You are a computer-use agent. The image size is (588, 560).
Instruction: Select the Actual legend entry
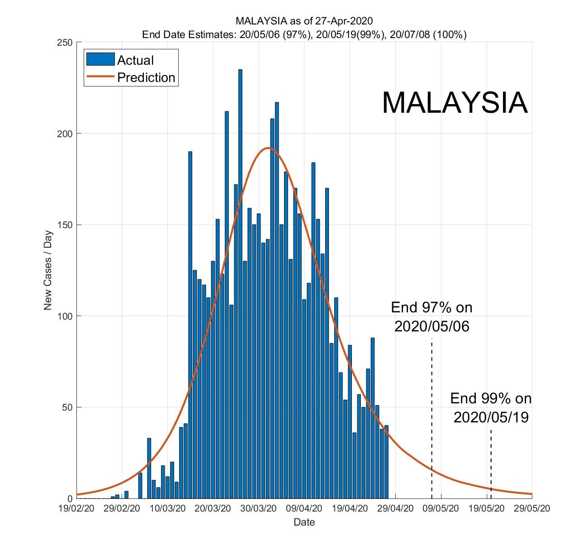120,60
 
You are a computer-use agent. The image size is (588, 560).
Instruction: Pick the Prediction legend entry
131,77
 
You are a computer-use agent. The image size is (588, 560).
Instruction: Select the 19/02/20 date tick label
76,508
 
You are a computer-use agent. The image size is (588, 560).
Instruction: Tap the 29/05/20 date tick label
532,508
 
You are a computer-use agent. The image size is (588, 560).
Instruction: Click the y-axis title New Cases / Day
48,271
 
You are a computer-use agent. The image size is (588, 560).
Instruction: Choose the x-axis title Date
304,522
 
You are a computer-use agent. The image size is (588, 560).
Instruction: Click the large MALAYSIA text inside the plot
455,103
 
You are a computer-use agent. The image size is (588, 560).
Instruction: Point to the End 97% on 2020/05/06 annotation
432,317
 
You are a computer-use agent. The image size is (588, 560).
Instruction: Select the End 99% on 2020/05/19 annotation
491,407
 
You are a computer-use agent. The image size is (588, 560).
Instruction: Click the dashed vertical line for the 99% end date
491,462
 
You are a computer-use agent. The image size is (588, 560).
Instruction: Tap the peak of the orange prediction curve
268,148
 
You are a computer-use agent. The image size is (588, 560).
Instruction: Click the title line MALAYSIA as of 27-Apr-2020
304,21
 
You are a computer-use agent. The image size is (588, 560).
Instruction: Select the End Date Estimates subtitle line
304,34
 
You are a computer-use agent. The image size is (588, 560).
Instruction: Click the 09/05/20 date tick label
441,508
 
